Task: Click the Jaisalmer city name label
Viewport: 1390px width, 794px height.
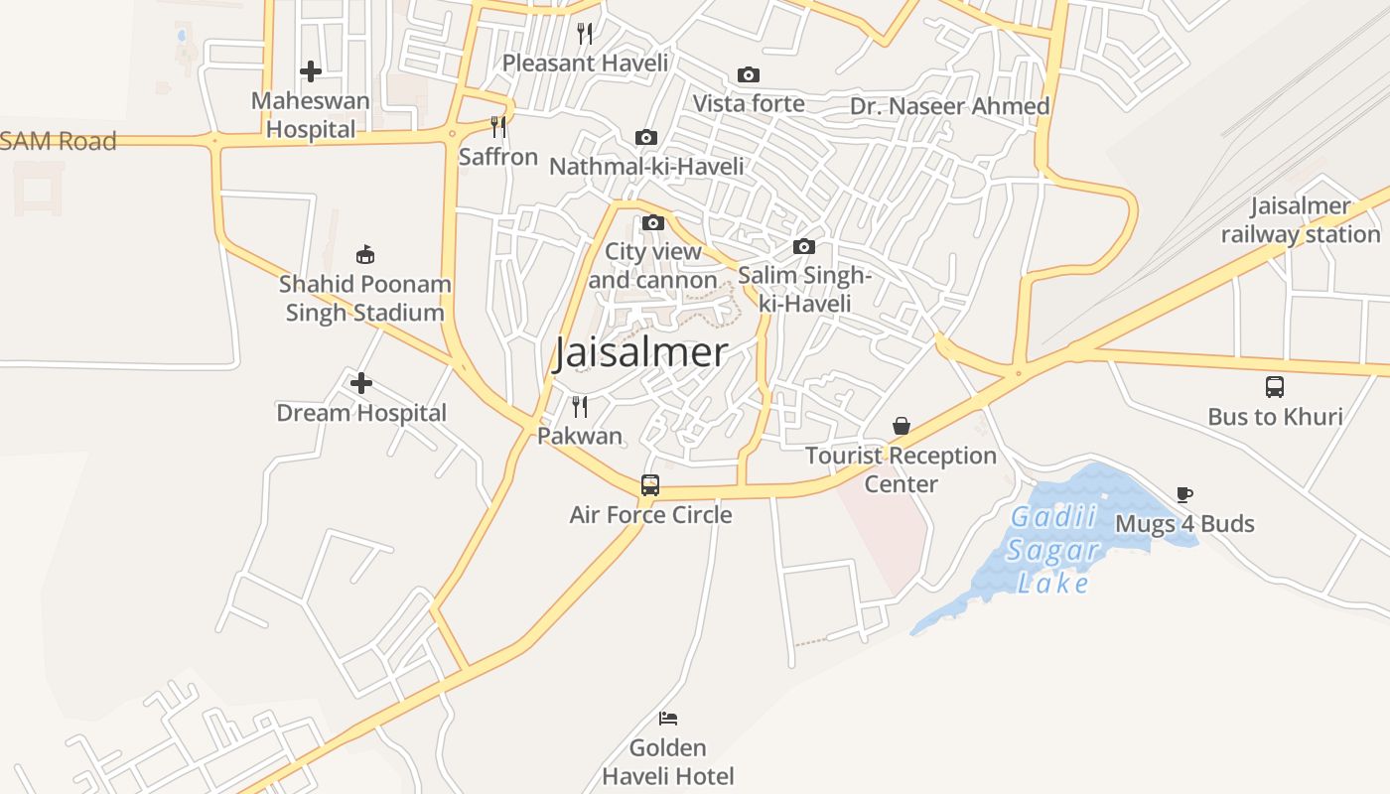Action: [640, 352]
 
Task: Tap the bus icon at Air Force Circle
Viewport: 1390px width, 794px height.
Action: [650, 485]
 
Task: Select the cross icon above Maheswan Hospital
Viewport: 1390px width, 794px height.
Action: [311, 71]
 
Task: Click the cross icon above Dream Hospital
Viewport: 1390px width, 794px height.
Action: [361, 383]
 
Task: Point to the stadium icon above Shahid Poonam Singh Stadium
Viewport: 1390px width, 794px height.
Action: [365, 255]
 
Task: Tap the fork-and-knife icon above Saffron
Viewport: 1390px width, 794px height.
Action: [498, 127]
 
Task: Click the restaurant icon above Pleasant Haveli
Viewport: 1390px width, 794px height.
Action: [585, 34]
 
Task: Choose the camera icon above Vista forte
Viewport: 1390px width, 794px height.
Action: [749, 75]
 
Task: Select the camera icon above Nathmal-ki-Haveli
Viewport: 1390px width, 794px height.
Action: [646, 138]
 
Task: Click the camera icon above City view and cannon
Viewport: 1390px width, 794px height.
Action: [653, 223]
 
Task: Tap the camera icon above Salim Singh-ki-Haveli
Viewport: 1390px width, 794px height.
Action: [804, 247]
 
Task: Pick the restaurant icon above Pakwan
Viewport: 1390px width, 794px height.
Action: [580, 406]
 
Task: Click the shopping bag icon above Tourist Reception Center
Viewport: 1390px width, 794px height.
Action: [902, 427]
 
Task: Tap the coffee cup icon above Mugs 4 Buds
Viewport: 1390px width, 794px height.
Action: [1183, 494]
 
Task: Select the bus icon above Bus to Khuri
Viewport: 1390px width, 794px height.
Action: [1275, 387]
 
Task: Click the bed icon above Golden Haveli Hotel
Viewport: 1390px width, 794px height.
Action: [668, 718]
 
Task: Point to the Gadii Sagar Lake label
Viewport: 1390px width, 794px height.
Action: [1052, 550]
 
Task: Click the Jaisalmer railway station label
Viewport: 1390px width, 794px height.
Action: [1301, 220]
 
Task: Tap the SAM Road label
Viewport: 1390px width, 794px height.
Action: [59, 141]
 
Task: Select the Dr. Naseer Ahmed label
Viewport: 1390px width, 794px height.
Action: [949, 106]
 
